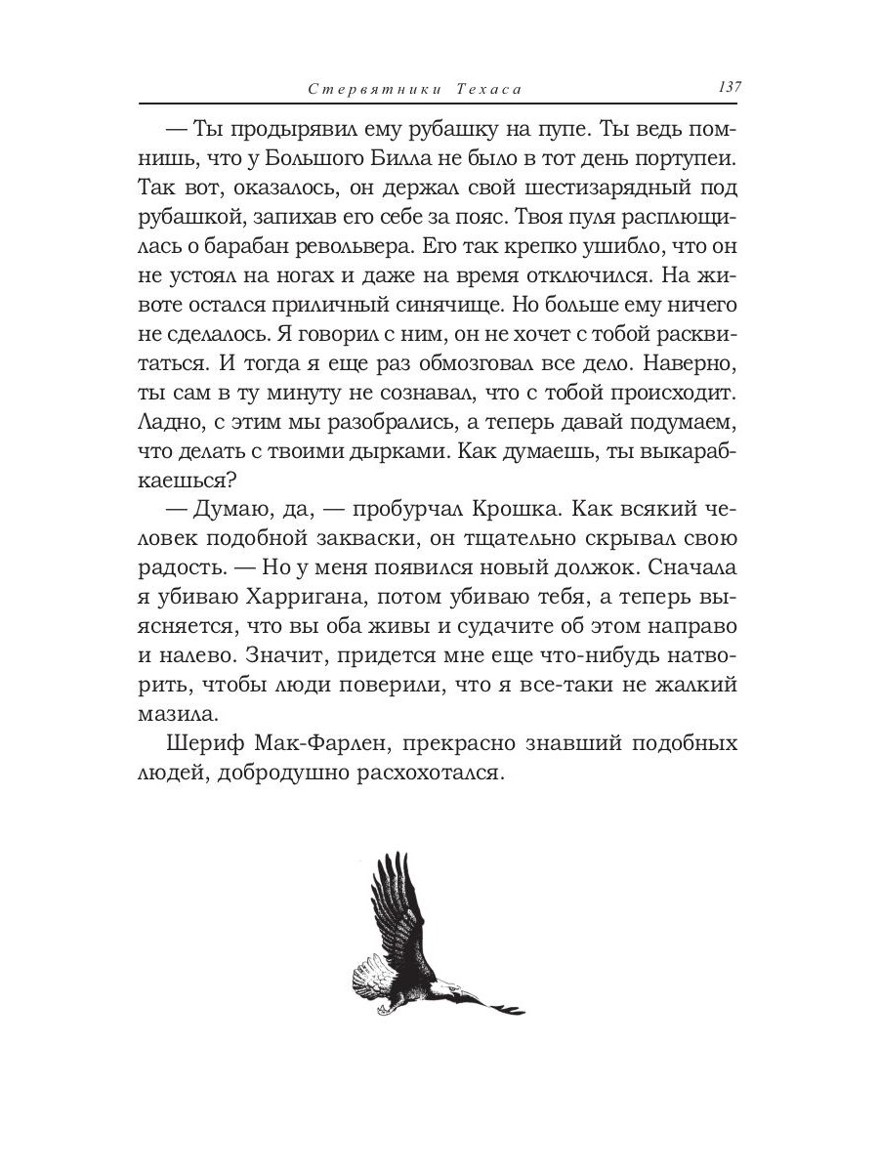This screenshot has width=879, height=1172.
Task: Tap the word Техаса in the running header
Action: pos(487,89)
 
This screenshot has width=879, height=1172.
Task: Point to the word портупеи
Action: pos(692,157)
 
